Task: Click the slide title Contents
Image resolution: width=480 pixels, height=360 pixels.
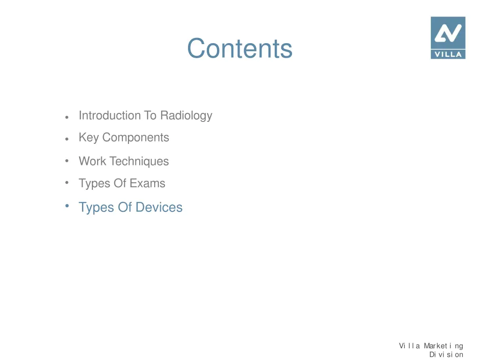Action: tap(240, 48)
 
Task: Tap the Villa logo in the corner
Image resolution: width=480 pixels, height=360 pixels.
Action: tap(448, 37)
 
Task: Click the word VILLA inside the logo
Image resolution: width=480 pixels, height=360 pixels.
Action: tap(448, 54)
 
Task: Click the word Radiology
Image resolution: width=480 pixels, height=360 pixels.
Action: tap(186, 116)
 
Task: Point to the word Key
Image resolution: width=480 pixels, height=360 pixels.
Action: tap(89, 138)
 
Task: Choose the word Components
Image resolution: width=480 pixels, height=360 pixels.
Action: tap(135, 138)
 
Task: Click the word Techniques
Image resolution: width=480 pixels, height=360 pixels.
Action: tap(139, 161)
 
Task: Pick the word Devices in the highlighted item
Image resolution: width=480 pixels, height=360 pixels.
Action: tap(159, 207)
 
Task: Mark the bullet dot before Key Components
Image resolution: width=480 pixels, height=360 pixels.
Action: tap(68, 139)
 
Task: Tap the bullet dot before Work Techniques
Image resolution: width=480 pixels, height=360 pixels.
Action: tap(67, 161)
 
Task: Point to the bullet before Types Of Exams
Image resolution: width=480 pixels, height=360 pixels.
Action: tap(67, 182)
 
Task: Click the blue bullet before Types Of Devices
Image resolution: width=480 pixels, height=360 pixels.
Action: tap(67, 206)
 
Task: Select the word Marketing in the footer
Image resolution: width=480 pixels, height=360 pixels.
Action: tap(443, 346)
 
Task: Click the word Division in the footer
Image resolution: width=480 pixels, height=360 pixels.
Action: tap(446, 354)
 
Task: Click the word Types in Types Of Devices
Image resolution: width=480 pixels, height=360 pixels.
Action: tap(96, 207)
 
